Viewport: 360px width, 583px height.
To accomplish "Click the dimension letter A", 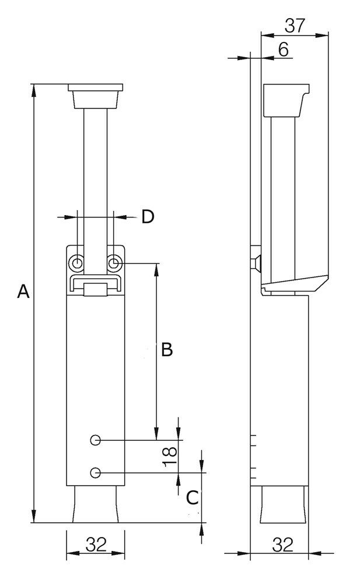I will pos(23,291).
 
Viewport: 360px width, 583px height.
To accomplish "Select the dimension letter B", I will pos(166,349).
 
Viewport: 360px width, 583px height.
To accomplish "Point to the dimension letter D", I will pos(148,217).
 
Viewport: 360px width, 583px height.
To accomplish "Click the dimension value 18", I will pos(169,456).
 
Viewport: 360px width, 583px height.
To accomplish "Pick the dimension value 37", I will pos(295,26).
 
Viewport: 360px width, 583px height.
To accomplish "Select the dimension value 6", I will pos(283,50).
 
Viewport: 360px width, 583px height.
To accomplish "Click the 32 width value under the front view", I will pos(96,545).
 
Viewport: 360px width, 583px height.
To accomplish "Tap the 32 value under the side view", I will pos(282,545).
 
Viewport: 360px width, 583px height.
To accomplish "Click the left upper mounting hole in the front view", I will pos(76,264).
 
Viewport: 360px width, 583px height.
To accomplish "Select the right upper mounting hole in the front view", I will pos(114,264).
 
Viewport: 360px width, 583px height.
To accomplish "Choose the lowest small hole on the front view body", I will pos(96,472).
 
